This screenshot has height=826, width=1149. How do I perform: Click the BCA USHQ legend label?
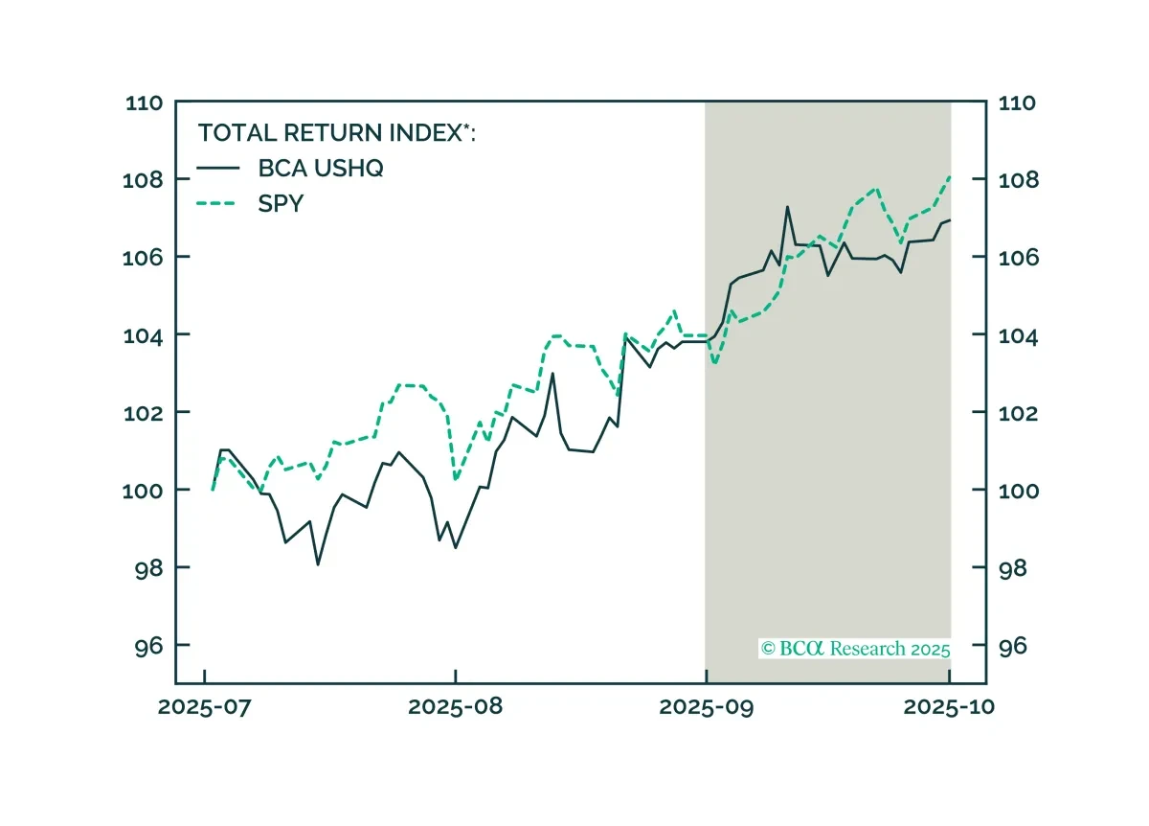coord(321,169)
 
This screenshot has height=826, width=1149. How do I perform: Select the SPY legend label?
coord(281,204)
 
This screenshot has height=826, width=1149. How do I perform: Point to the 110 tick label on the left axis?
coord(145,103)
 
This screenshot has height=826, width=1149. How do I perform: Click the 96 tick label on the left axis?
coord(148,646)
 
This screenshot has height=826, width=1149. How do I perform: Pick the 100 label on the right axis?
coord(1019,491)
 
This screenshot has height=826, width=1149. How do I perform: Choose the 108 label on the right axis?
coord(1019,180)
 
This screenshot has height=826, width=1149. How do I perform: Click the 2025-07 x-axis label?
coord(204,707)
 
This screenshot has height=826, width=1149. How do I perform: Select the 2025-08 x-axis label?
coord(455,707)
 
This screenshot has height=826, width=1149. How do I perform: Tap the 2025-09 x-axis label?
coord(707,707)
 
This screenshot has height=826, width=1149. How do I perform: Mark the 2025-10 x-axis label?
coord(949,707)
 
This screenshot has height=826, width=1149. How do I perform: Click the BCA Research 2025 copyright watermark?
coord(855,649)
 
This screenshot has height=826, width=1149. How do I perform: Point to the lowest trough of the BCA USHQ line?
coord(318,564)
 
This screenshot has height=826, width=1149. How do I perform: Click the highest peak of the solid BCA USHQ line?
coord(787,207)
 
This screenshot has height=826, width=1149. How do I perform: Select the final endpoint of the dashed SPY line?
coord(951,177)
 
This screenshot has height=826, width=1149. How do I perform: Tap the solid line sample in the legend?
coord(218,168)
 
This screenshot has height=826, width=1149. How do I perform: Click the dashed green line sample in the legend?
coord(216,204)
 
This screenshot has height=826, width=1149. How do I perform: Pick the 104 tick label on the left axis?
coord(143,336)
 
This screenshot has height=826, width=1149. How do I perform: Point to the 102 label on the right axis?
coord(1018,413)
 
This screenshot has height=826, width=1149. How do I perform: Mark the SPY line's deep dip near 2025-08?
coord(456,479)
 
